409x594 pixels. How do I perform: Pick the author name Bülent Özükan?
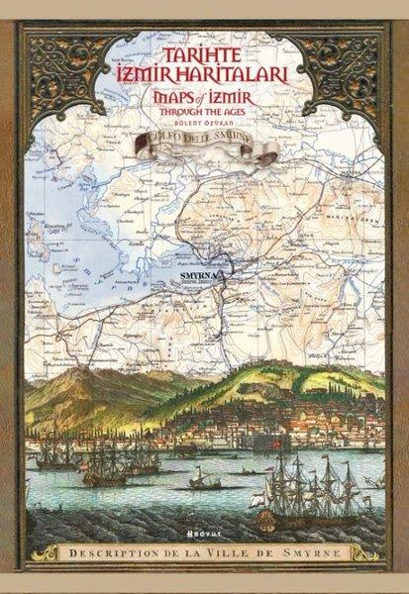pyautogui.click(x=204, y=124)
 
